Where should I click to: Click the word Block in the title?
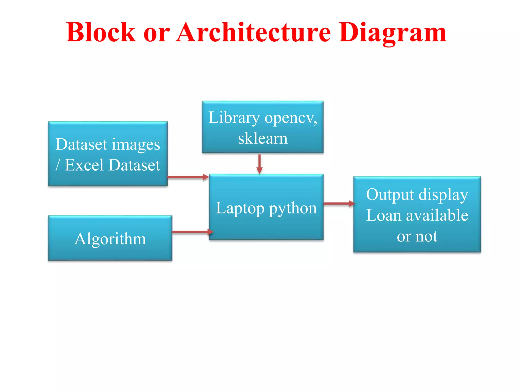[101, 32]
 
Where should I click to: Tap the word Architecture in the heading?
[253, 32]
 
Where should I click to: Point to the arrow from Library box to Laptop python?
[259, 164]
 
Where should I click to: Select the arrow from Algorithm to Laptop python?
[192, 232]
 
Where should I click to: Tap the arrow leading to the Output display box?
[339, 203]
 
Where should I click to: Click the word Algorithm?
[110, 239]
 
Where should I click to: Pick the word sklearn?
[263, 138]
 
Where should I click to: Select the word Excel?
[84, 165]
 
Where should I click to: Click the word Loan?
[384, 216]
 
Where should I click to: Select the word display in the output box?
[443, 195]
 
